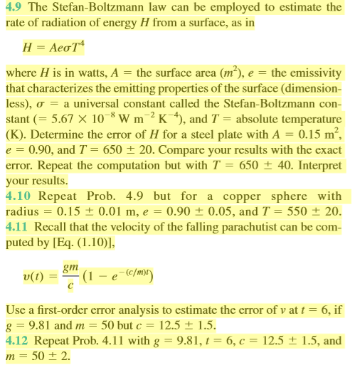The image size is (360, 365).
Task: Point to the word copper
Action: (242, 196)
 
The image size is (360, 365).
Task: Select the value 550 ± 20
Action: (313, 212)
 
